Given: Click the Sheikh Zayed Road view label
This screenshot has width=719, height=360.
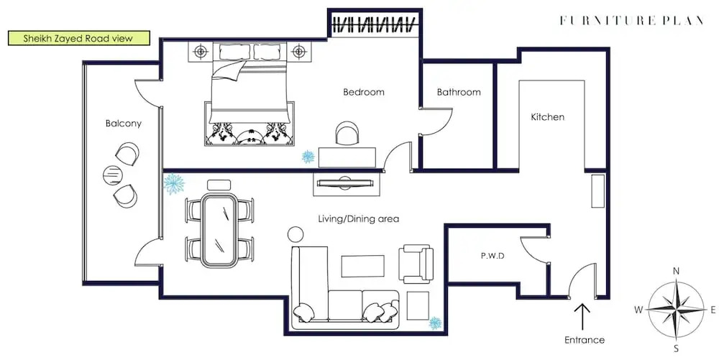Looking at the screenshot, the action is pyautogui.click(x=79, y=38).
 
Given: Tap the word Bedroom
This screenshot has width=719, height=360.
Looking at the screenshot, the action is pyautogui.click(x=364, y=92).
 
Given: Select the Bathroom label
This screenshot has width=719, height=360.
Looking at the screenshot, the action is pyautogui.click(x=459, y=92).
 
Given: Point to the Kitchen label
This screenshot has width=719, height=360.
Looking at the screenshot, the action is pyautogui.click(x=547, y=117).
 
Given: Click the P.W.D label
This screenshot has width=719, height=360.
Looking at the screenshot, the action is pyautogui.click(x=493, y=256).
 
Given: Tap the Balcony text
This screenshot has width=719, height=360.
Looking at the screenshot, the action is pyautogui.click(x=124, y=123).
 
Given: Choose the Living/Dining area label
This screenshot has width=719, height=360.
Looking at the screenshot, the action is pyautogui.click(x=359, y=219).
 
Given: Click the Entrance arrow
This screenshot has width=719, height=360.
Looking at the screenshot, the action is pyautogui.click(x=582, y=316).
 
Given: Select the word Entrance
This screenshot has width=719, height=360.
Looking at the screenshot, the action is pyautogui.click(x=584, y=340).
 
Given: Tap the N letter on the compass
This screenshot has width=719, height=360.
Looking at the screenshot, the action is pyautogui.click(x=676, y=271).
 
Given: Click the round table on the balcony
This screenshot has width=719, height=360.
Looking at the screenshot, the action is pyautogui.click(x=113, y=175).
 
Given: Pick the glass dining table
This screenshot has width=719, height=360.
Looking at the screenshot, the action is pyautogui.click(x=220, y=231).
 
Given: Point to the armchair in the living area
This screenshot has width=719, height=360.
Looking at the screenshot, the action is pyautogui.click(x=416, y=264).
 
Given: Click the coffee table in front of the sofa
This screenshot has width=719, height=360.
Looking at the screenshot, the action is pyautogui.click(x=362, y=266).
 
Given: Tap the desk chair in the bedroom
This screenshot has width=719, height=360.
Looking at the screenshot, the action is pyautogui.click(x=347, y=133).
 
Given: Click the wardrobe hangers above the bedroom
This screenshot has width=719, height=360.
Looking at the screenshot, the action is pyautogui.click(x=375, y=24).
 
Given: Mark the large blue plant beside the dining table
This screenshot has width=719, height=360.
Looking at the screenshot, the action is pyautogui.click(x=174, y=184).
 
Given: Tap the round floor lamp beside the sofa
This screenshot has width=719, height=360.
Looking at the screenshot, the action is pyautogui.click(x=296, y=234).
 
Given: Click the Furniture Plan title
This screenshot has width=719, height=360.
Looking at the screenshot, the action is pyautogui.click(x=632, y=20).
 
